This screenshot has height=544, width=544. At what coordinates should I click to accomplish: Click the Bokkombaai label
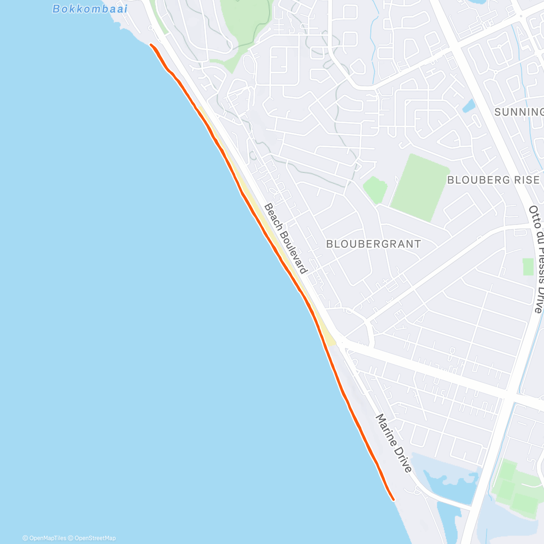(x=90, y=9)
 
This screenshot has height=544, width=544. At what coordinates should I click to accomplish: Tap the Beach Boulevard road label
(x=286, y=238)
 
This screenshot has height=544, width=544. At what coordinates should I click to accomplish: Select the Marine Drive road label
(x=394, y=443)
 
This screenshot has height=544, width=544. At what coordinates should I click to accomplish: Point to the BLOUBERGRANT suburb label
(x=374, y=244)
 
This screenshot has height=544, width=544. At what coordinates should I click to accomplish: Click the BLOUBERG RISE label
(x=493, y=180)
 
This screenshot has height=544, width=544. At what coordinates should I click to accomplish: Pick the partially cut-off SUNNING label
(x=519, y=112)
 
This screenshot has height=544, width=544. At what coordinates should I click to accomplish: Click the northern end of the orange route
(x=151, y=44)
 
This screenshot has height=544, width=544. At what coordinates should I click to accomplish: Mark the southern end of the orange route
(x=393, y=500)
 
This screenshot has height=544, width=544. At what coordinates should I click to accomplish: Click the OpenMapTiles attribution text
(x=44, y=538)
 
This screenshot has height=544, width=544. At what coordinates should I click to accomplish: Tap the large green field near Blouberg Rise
(x=420, y=187)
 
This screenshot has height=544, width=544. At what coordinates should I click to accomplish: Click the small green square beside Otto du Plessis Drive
(x=528, y=267)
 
